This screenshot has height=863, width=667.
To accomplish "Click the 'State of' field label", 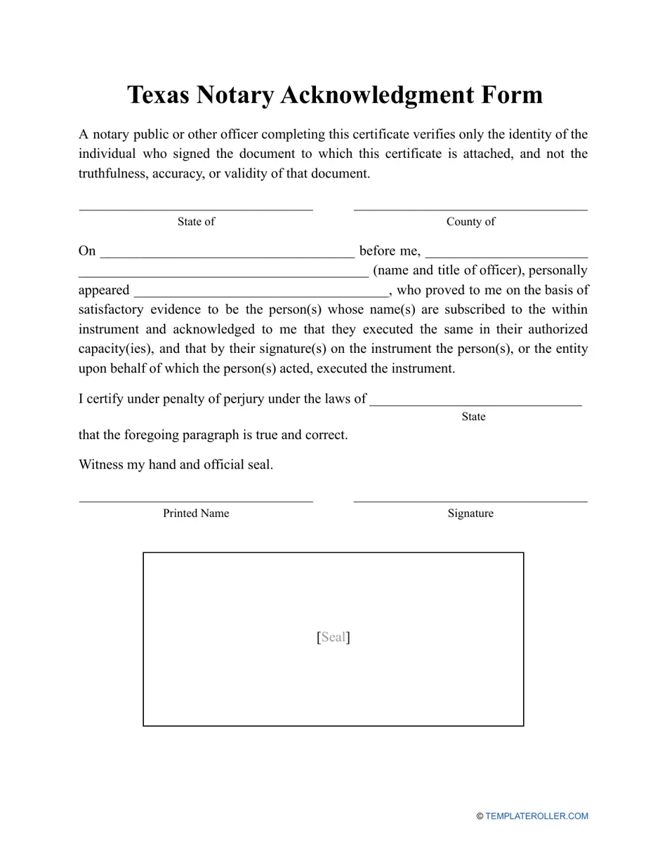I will pyautogui.click(x=196, y=222).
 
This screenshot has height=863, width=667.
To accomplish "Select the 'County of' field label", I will pyautogui.click(x=470, y=222).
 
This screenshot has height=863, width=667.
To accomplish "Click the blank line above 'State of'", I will pyautogui.click(x=196, y=208).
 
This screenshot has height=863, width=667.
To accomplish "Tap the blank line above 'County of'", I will pyautogui.click(x=470, y=208).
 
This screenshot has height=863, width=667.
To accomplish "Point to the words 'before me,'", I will pyautogui.click(x=390, y=251).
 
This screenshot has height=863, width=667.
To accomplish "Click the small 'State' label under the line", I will pyautogui.click(x=473, y=417).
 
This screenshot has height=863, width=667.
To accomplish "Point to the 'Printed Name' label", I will pyautogui.click(x=196, y=514).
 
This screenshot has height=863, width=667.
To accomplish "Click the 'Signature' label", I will pyautogui.click(x=470, y=514).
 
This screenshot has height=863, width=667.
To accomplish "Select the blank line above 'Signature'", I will pyautogui.click(x=470, y=501).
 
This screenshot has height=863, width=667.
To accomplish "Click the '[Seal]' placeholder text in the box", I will pyautogui.click(x=333, y=637).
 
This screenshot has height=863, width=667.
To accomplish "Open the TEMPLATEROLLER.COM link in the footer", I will pyautogui.click(x=536, y=816).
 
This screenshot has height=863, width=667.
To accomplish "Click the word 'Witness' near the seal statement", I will pyautogui.click(x=101, y=464).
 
